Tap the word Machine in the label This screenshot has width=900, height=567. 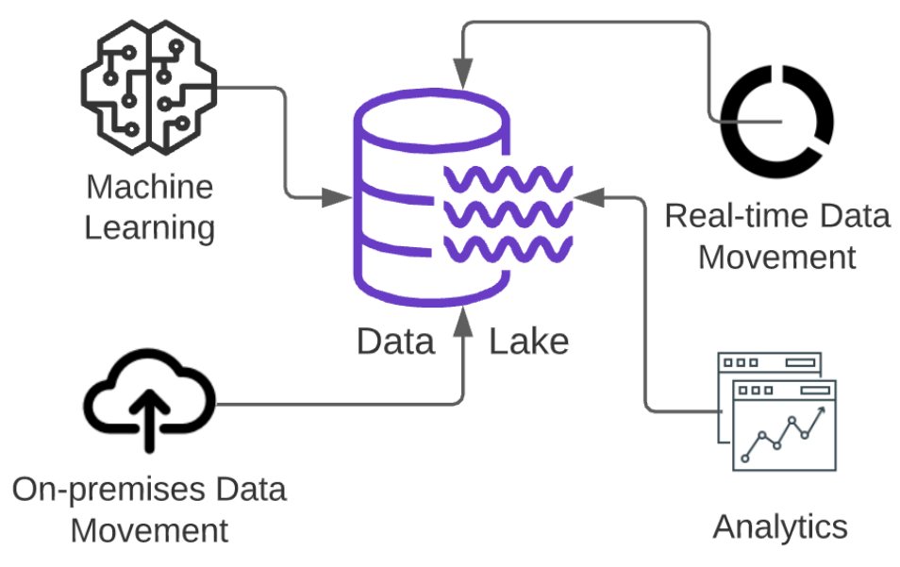(149, 187)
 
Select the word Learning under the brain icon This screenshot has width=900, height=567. (149, 228)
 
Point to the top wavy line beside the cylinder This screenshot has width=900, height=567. (507, 177)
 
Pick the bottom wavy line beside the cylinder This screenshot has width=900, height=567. (507, 250)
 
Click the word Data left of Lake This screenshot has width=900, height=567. (395, 341)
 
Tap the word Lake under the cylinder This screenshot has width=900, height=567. (528, 341)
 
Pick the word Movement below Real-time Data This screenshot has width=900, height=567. (776, 257)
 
